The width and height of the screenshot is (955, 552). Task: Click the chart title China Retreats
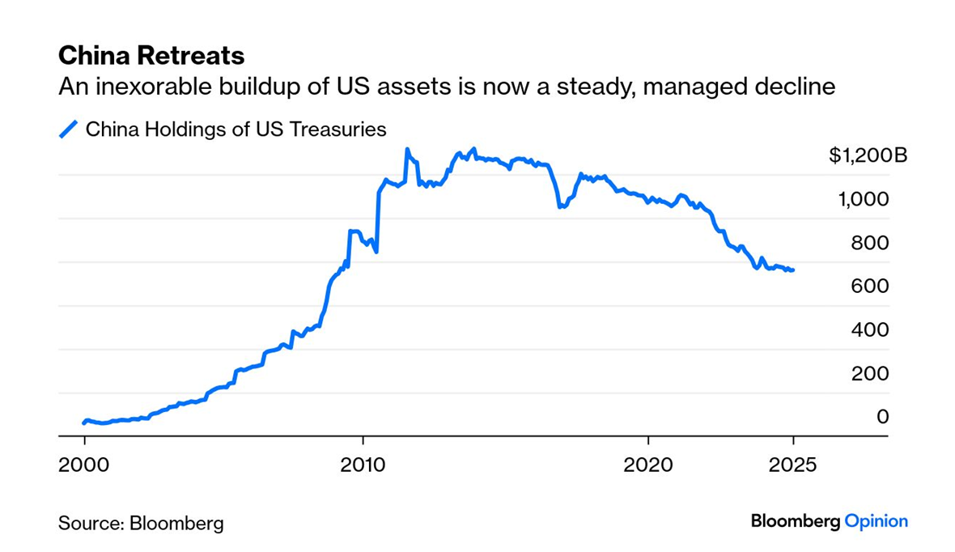pyautogui.click(x=151, y=56)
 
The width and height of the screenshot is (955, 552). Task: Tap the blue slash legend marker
pyautogui.click(x=70, y=129)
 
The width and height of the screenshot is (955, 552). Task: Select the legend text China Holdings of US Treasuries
pyautogui.click(x=236, y=129)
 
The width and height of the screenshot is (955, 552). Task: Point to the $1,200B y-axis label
pyautogui.click(x=868, y=155)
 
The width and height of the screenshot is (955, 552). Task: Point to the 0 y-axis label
pyautogui.click(x=883, y=417)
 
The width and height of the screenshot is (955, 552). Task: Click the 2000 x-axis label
pyautogui.click(x=84, y=466)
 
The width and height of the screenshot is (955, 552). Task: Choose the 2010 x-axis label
pyautogui.click(x=363, y=466)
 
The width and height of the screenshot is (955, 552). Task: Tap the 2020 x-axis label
pyautogui.click(x=648, y=466)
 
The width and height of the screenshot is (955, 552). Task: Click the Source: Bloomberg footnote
pyautogui.click(x=141, y=523)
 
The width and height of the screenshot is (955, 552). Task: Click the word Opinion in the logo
pyautogui.click(x=876, y=521)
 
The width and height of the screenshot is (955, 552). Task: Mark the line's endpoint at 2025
pyautogui.click(x=793, y=270)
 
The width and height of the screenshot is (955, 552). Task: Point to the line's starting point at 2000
pyautogui.click(x=84, y=422)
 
